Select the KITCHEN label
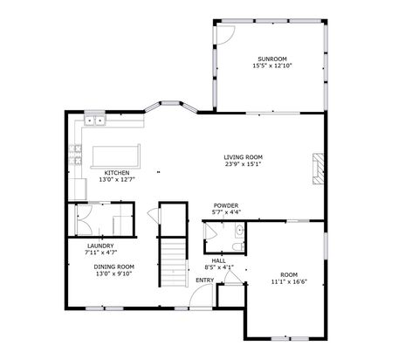117,172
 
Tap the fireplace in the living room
319,166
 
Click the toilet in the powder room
238,232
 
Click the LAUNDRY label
100,246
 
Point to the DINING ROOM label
113,266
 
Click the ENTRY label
204,280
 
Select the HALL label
218,260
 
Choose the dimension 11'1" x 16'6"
289,281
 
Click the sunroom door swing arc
225,35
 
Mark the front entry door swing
199,294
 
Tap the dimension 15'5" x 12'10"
271,66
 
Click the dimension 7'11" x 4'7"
101,253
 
